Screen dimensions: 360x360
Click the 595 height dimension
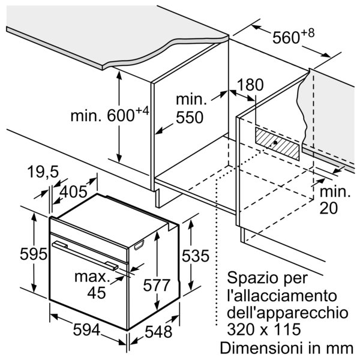pos(33,254)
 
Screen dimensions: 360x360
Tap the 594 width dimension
pos(87,329)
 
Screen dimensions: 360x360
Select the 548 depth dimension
pos(158,332)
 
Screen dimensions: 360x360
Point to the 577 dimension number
pos(157,286)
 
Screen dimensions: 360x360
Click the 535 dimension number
pos(196,256)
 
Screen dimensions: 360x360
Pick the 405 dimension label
pos(73,192)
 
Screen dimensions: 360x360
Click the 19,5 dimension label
pos(43,172)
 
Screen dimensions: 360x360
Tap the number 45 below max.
pos(97,293)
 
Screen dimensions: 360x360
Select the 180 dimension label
pos(250,85)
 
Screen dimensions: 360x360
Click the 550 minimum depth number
pos(190,118)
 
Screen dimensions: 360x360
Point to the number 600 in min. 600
pos(121,115)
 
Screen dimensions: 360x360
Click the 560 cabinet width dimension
pos(286,37)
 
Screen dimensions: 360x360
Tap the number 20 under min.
pos(329,208)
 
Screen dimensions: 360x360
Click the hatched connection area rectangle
pos(277,143)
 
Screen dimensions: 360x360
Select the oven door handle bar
pos(85,256)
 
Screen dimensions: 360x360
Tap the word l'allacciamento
pos(282,296)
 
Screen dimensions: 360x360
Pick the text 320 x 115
pos(264,329)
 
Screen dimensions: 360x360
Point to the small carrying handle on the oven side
pos(139,245)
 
